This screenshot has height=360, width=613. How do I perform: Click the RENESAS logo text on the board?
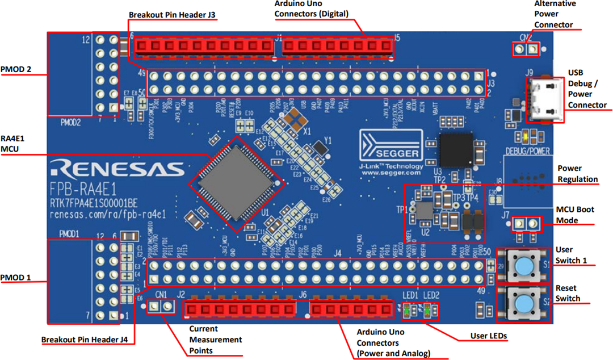(117, 169)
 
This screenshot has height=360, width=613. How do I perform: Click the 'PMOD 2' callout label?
(15, 70)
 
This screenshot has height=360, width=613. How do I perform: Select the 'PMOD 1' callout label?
(15, 278)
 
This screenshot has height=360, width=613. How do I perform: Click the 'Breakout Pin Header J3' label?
(172, 14)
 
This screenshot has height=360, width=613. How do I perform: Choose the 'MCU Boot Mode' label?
(576, 214)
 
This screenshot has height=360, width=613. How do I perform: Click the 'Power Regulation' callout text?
(577, 174)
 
